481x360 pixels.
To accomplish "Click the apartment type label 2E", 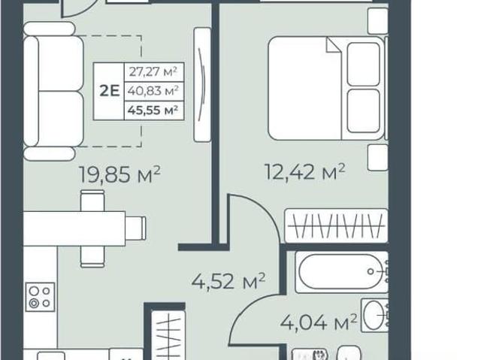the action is (x=109, y=91).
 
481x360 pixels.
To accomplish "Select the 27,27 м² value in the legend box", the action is (x=153, y=71).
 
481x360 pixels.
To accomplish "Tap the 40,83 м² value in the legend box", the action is (x=153, y=91).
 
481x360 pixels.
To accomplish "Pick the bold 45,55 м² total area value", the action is (x=153, y=110).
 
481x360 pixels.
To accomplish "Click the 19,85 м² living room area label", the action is (x=119, y=175).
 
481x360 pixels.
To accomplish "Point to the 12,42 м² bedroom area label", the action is (x=304, y=172).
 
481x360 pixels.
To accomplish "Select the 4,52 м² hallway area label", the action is (x=228, y=282).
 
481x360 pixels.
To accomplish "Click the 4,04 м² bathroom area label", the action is (x=319, y=322).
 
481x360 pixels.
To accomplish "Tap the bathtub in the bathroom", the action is (x=341, y=271).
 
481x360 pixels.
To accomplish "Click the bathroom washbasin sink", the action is (x=374, y=315).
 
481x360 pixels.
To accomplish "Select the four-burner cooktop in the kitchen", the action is (x=40, y=297).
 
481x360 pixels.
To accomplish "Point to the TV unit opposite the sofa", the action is (x=202, y=85).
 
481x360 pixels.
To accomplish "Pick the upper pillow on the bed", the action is (x=364, y=64).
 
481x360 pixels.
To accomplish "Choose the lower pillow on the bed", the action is (x=364, y=110).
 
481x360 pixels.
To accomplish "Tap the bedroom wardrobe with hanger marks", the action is (x=337, y=226).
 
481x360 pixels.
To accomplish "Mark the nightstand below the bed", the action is (x=378, y=157).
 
